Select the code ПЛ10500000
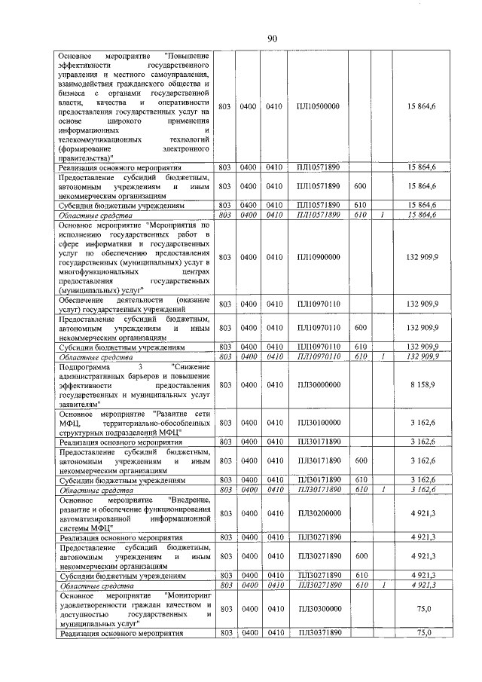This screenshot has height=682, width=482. [318, 106]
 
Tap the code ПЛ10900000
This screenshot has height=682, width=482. [318, 257]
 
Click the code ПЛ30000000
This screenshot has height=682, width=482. [318, 384]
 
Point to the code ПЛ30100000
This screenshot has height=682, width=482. [318, 423]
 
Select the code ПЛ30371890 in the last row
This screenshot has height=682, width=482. [318, 633]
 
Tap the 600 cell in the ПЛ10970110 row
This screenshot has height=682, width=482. [360, 328]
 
